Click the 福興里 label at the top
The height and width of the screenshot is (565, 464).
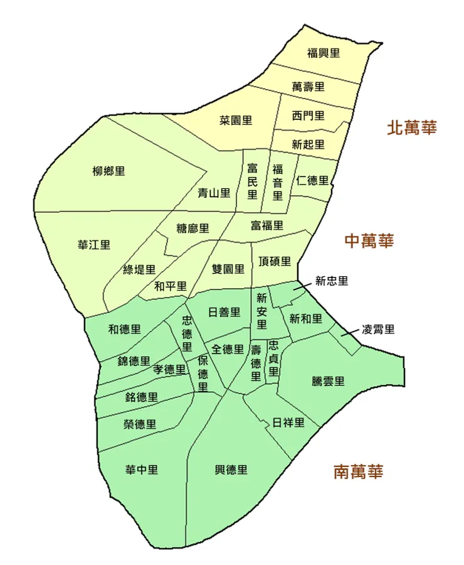click(x=324, y=53)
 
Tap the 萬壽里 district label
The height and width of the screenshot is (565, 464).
click(x=308, y=87)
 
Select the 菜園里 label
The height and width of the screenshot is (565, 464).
click(x=236, y=120)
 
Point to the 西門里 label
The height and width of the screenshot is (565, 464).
click(x=308, y=116)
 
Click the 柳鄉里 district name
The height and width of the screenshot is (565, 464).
click(x=108, y=171)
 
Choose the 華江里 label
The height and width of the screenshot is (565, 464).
click(x=94, y=245)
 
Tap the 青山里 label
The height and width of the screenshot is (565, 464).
click(x=214, y=193)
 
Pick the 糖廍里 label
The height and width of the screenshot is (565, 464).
click(x=193, y=228)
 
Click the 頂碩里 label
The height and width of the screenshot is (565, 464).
click(x=275, y=261)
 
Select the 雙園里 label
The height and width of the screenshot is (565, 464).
click(x=228, y=269)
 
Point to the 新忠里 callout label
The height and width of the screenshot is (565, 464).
click(x=332, y=281)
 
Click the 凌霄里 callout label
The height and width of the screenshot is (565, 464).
click(x=379, y=330)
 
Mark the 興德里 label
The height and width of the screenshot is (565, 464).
click(x=231, y=470)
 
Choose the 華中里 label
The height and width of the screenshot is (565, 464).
click(x=142, y=470)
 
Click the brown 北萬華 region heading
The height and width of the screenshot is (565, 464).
click(x=411, y=128)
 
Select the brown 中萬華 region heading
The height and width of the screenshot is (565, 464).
click(x=369, y=240)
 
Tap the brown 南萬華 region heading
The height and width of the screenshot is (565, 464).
click(x=358, y=471)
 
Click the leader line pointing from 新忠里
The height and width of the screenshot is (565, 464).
click(x=302, y=286)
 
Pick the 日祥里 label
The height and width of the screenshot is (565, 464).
click(x=288, y=422)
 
